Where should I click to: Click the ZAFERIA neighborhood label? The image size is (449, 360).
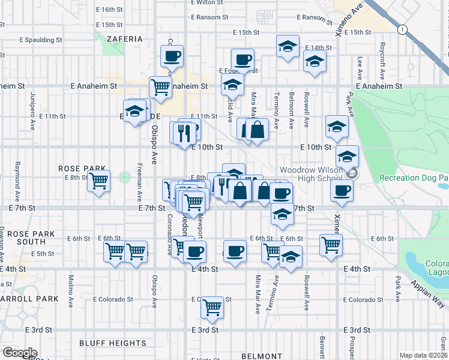click(x=125, y=39)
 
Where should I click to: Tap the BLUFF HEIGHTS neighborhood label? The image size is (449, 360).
click(x=113, y=343)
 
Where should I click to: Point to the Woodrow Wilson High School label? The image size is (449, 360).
click(x=310, y=174)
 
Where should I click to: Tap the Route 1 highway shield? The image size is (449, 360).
click(x=401, y=29)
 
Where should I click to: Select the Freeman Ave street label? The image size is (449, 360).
click(x=139, y=182)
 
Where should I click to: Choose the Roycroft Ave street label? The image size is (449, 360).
click(x=382, y=61)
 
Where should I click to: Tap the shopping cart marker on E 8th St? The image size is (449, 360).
click(x=98, y=179)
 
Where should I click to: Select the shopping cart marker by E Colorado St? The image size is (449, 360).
click(x=212, y=307)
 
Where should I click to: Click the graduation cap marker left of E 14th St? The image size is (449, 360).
click(x=288, y=46)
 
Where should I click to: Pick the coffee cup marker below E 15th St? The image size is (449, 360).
click(x=243, y=59)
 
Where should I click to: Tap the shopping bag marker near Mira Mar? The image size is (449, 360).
click(x=257, y=130)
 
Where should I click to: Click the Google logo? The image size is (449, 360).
click(x=20, y=353)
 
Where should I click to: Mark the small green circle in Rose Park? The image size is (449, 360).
click(x=125, y=177)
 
